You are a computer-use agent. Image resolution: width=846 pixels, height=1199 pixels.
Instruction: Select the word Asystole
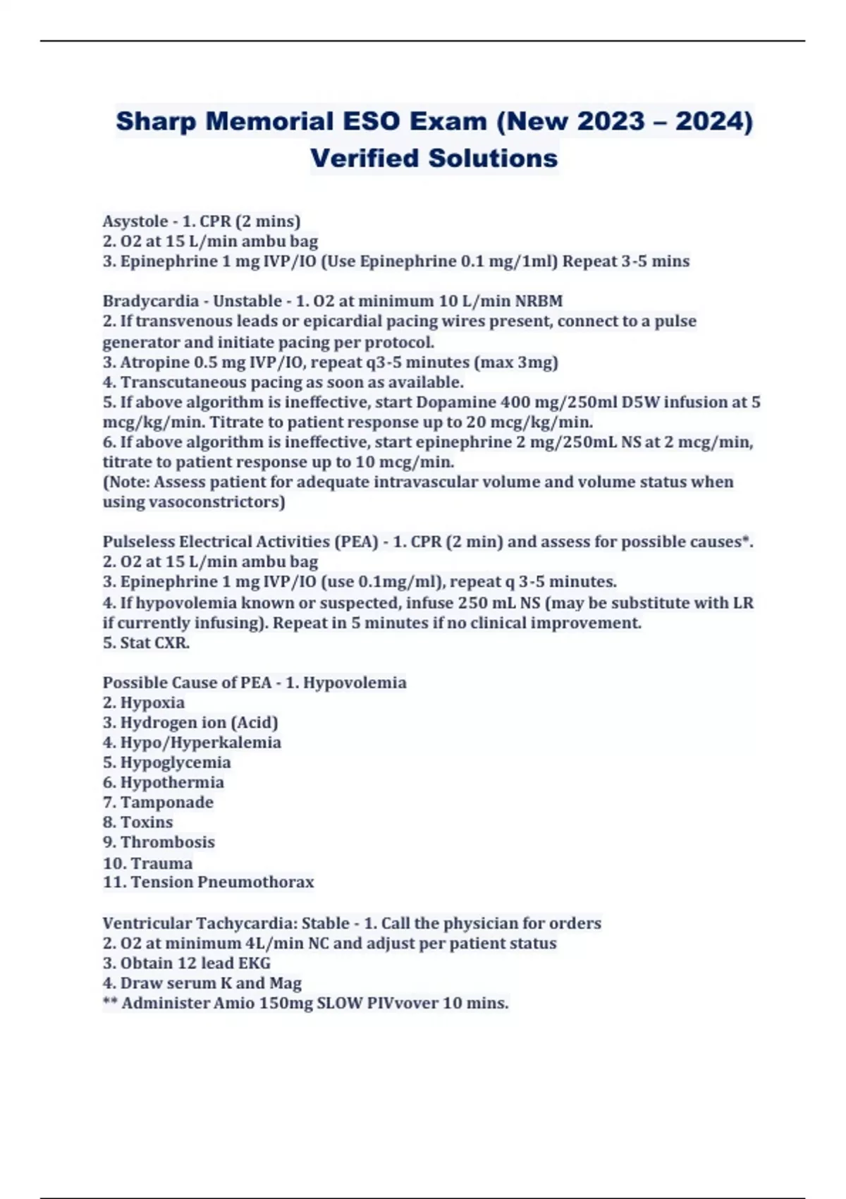pos(135,221)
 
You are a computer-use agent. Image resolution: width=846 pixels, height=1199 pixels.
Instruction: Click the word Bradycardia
pos(151,301)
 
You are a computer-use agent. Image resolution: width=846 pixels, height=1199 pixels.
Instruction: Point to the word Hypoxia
pos(152,703)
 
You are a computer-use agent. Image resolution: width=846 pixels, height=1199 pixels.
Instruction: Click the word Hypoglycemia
pos(176,762)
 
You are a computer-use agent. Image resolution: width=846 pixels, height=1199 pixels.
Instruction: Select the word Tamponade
pos(166,803)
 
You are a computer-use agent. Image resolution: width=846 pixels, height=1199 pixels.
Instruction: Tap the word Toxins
pos(147,822)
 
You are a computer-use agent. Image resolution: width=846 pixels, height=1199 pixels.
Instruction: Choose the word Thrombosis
pos(168,842)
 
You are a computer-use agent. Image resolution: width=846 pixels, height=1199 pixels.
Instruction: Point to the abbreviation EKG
pos(255,963)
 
